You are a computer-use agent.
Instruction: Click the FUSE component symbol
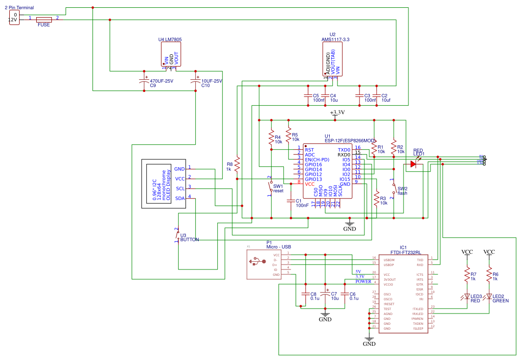44,20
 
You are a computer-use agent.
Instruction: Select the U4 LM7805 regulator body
171,54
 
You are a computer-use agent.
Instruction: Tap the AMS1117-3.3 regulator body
332,59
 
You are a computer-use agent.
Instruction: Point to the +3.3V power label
337,112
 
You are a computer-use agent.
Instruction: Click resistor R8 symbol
237,164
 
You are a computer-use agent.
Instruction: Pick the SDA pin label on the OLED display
180,198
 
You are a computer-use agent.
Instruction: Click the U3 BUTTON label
189,240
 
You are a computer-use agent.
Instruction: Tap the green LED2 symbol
489,296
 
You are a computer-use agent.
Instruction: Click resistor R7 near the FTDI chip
467,275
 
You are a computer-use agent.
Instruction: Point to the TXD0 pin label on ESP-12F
344,150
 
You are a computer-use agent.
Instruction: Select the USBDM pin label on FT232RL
390,260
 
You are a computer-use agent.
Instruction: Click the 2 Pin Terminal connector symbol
14,18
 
